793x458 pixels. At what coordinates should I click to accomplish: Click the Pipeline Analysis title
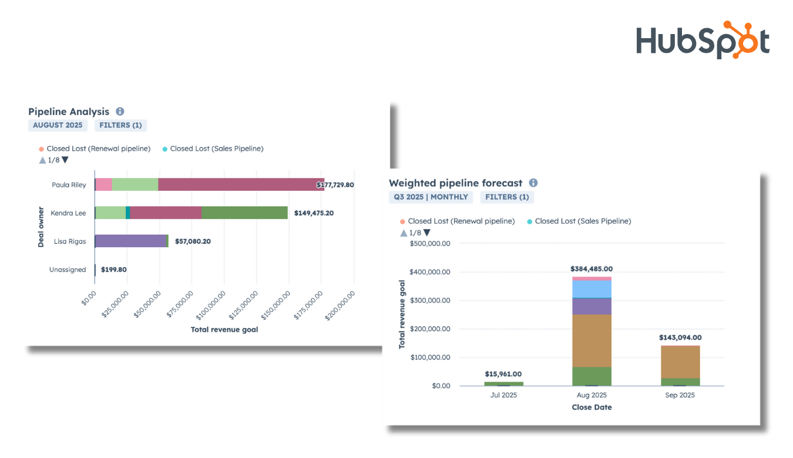point(69,112)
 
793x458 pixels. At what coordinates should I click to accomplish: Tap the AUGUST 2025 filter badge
point(58,125)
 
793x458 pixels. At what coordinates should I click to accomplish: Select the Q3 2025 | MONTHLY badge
point(431,197)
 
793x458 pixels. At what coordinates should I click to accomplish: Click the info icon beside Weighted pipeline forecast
point(533,183)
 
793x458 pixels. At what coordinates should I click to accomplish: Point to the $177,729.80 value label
point(335,185)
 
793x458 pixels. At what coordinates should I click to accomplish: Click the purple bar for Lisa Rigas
point(130,241)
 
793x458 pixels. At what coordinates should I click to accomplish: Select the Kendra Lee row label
point(68,213)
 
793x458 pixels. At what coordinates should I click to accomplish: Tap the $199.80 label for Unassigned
point(113,270)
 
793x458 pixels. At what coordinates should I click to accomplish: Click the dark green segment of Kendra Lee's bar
point(244,213)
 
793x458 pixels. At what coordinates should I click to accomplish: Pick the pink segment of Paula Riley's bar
point(103,184)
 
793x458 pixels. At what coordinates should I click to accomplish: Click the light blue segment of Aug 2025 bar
point(592,289)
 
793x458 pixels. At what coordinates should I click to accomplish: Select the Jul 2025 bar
point(503,383)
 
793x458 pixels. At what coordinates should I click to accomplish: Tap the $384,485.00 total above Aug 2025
point(591,269)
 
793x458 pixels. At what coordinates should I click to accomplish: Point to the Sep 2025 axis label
point(680,395)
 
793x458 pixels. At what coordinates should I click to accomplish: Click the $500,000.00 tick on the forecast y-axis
point(430,244)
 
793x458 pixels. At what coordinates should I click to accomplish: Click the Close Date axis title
point(592,407)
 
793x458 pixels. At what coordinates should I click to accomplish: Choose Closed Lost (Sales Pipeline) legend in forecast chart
point(583,221)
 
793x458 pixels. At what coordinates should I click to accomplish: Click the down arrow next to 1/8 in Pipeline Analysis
point(65,160)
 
